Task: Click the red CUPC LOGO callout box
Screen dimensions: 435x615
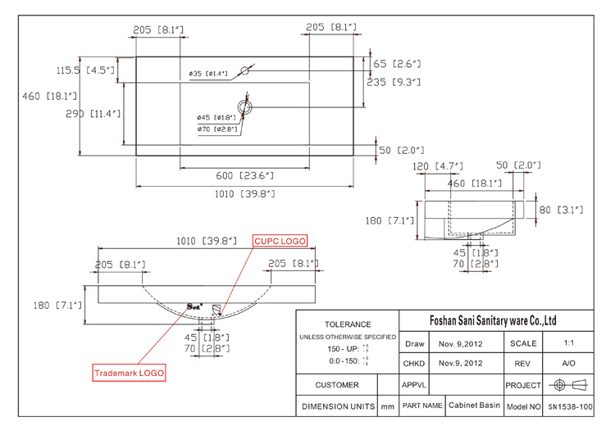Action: pyautogui.click(x=280, y=241)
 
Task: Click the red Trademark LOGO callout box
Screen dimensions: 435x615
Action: pyautogui.click(x=129, y=373)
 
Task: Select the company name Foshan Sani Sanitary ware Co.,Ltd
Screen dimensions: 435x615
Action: pyautogui.click(x=493, y=320)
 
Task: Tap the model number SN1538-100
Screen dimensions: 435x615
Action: pyautogui.click(x=569, y=406)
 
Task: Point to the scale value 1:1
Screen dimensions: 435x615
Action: pyautogui.click(x=569, y=344)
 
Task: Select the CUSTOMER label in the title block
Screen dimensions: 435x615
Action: pyautogui.click(x=336, y=384)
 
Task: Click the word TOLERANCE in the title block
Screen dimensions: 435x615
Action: pyautogui.click(x=348, y=324)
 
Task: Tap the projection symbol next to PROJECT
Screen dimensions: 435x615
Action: pyautogui.click(x=569, y=384)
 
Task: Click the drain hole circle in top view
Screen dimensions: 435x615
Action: pyautogui.click(x=245, y=106)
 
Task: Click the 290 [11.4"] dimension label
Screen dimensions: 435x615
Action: pyautogui.click(x=93, y=114)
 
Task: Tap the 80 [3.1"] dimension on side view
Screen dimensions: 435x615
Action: pyautogui.click(x=561, y=210)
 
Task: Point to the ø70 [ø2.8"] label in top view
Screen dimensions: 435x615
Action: pyautogui.click(x=216, y=129)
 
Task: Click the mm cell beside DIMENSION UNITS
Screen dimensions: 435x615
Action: pyautogui.click(x=387, y=406)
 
